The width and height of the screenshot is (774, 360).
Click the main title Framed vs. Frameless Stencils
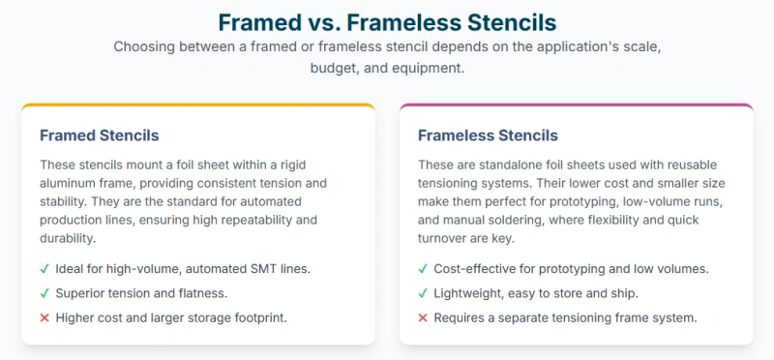387,21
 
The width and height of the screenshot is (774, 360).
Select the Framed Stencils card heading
100,135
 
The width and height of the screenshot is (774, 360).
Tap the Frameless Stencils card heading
488,135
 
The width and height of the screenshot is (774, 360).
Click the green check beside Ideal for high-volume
45,268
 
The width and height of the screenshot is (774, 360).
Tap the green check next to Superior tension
45,292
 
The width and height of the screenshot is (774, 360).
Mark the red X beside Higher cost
45,316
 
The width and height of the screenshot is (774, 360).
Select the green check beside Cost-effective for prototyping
423,268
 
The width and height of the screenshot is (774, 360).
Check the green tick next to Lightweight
423,292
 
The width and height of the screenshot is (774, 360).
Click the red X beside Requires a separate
423,316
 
